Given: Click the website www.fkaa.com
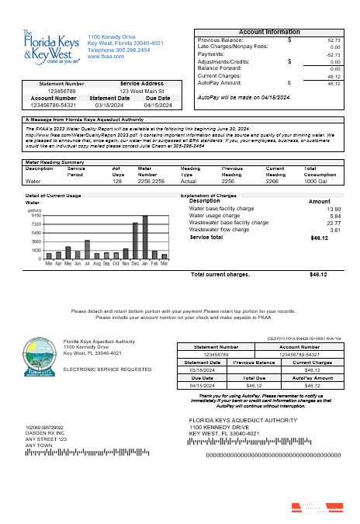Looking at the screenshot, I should coord(102,57).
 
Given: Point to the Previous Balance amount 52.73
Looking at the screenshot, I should coord(334,39).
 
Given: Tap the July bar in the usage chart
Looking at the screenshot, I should coord(87,248).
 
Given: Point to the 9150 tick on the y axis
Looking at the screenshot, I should coord(36,215).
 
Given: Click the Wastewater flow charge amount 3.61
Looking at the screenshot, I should coord(335,230).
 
